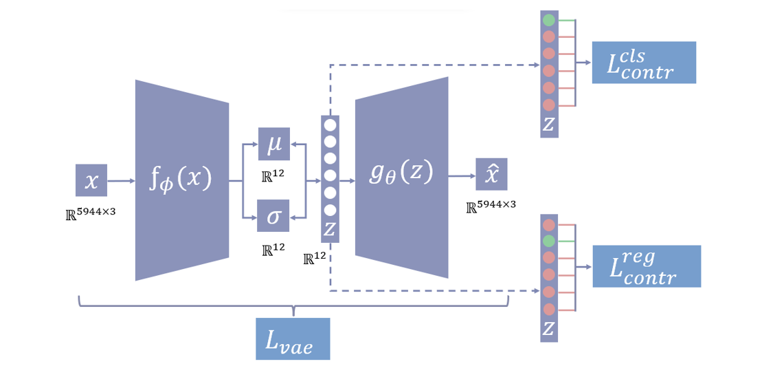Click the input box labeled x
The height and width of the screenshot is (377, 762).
[91, 180]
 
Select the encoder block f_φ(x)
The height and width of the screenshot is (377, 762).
[181, 180]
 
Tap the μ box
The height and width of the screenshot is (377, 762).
[273, 144]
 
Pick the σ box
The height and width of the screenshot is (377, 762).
[273, 216]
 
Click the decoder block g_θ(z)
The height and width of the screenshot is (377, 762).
[401, 177]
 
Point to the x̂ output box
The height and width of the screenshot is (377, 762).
[491, 174]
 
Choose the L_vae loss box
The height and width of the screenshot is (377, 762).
[293, 338]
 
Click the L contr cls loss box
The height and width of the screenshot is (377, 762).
[644, 63]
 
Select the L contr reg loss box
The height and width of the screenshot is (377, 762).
[646, 266]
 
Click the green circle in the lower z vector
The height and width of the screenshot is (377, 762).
[548, 241]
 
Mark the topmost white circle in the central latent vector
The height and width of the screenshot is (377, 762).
[330, 125]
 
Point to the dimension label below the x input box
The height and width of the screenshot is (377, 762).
[91, 212]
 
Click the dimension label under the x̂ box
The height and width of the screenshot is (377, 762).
[491, 206]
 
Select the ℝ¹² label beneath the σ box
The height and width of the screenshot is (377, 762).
[273, 249]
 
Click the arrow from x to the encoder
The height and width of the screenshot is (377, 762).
[122, 181]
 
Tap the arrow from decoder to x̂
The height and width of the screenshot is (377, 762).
[462, 175]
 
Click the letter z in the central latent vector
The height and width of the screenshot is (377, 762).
[330, 229]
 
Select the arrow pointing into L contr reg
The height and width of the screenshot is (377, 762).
[583, 266]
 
